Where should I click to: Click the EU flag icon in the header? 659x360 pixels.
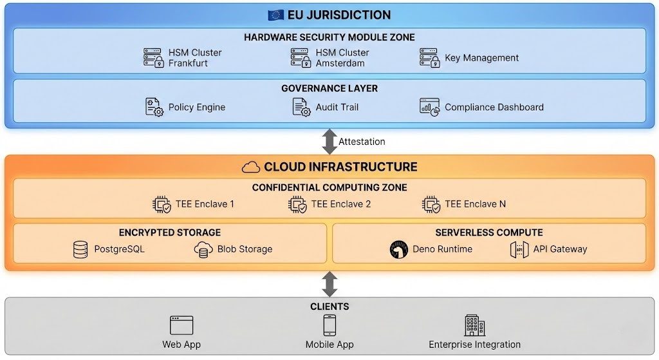click(276, 15)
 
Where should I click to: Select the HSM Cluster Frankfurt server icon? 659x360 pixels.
click(153, 58)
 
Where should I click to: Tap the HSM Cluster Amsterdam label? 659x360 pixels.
click(342, 58)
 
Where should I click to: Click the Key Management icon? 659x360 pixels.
click(429, 58)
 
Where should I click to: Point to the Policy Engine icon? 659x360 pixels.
click(154, 107)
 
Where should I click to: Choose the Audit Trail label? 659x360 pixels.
click(337, 107)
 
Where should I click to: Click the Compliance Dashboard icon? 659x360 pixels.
click(429, 107)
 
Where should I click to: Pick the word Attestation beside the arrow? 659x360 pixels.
click(362, 141)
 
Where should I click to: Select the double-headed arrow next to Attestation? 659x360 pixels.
click(329, 141)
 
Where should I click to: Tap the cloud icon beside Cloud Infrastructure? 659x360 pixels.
click(251, 167)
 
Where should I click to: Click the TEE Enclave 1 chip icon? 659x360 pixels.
click(162, 204)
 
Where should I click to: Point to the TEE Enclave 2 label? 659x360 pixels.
click(340, 204)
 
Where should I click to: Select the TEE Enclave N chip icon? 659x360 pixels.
click(431, 204)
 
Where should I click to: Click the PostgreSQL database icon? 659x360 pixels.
click(80, 249)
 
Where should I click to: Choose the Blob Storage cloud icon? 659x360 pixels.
click(203, 249)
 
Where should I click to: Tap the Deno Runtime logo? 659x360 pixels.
click(399, 249)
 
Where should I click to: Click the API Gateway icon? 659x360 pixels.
click(519, 249)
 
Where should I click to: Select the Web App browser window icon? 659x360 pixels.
click(181, 325)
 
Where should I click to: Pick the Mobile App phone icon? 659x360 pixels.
click(329, 325)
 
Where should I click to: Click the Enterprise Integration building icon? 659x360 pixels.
click(474, 325)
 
